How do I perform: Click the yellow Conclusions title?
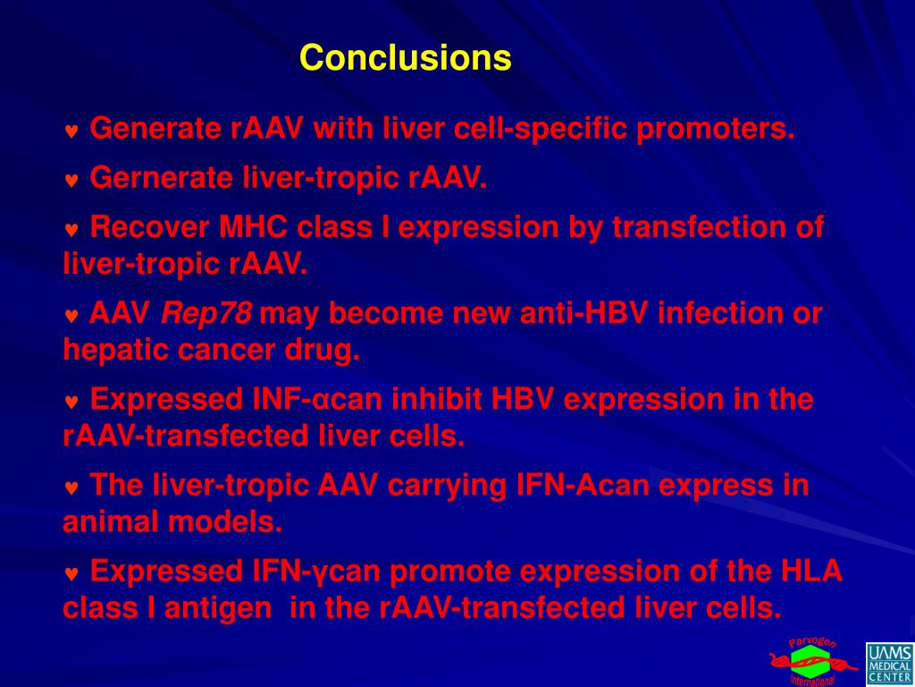(x=406, y=57)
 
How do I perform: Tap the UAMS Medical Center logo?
(x=889, y=663)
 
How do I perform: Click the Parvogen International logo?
(x=813, y=663)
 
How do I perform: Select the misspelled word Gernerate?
(x=162, y=178)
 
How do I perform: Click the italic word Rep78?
(x=206, y=313)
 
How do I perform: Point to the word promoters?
(x=716, y=129)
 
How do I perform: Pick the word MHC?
(x=253, y=227)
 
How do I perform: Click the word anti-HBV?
(x=583, y=313)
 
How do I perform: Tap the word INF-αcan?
(x=317, y=400)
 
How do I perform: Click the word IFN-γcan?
(x=315, y=572)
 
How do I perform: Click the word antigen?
(x=218, y=608)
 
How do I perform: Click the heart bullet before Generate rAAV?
(x=71, y=131)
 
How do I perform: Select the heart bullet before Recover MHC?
(x=71, y=230)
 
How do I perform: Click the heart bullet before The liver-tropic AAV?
(x=71, y=488)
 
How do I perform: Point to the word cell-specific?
(x=540, y=129)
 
